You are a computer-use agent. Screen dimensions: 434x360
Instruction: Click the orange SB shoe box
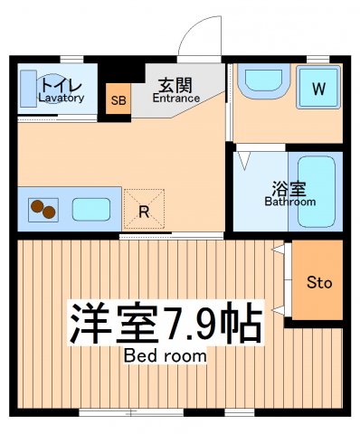(x=118, y=100)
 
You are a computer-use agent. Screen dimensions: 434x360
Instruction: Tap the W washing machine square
(x=318, y=89)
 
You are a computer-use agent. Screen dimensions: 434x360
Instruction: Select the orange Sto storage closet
(x=319, y=283)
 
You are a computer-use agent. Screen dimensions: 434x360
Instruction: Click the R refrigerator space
(x=143, y=212)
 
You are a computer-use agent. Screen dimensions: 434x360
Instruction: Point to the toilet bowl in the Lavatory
(x=51, y=88)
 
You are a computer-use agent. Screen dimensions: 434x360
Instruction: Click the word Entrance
(x=175, y=98)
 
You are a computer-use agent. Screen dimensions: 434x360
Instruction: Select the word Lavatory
(x=61, y=98)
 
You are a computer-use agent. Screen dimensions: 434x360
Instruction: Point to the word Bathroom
(x=289, y=202)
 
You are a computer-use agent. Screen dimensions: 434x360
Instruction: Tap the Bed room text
(x=165, y=356)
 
